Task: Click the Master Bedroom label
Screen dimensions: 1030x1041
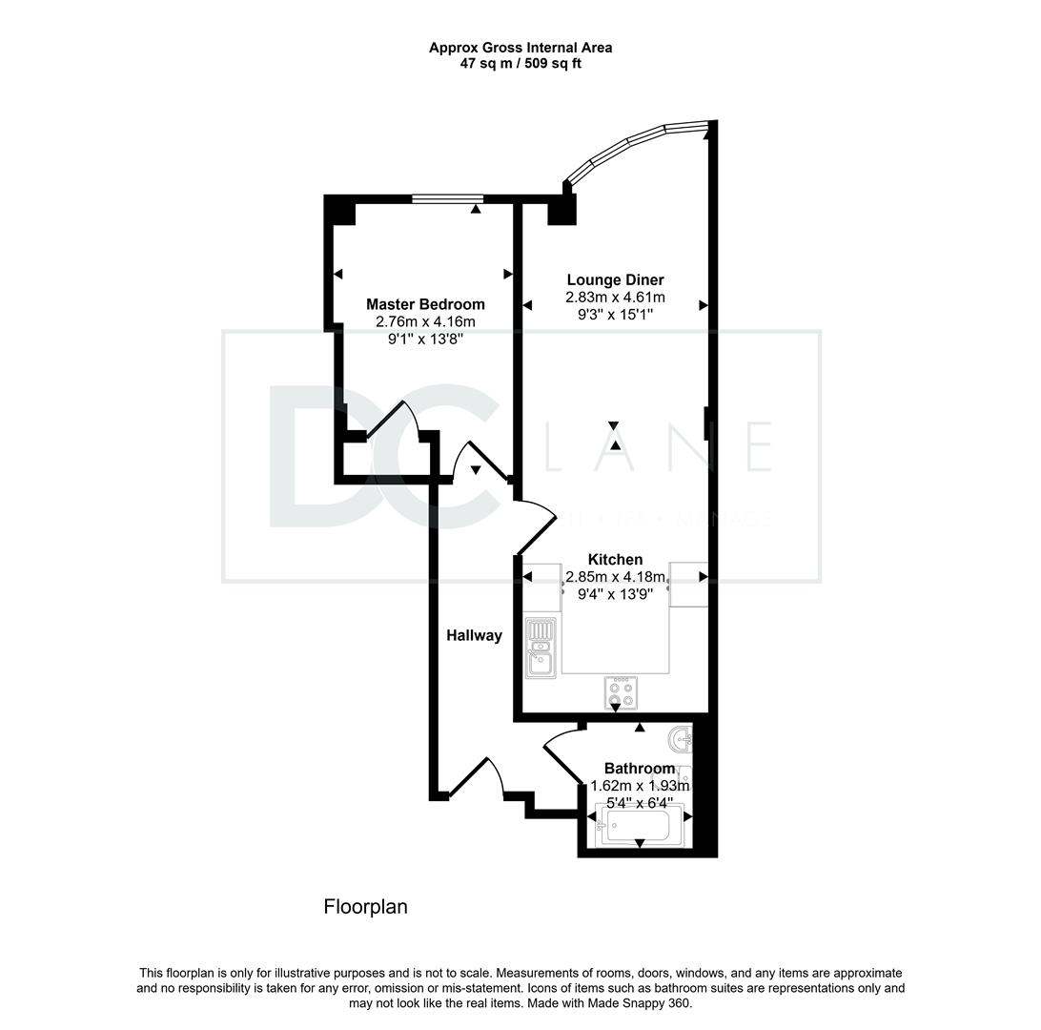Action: click(425, 304)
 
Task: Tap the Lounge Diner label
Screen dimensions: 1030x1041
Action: click(615, 280)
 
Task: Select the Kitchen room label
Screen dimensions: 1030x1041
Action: click(615, 560)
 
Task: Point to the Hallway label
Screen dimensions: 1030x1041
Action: click(474, 635)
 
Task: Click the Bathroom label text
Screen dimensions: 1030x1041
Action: click(640, 769)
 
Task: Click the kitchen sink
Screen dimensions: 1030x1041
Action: click(541, 649)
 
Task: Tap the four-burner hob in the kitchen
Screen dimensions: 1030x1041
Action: click(622, 692)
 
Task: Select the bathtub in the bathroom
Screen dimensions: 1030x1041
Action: click(640, 825)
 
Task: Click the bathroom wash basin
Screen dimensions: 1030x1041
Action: click(680, 739)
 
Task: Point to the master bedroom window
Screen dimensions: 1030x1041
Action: click(448, 198)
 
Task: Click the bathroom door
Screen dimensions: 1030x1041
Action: click(563, 753)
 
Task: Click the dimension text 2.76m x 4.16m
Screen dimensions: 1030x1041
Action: click(426, 322)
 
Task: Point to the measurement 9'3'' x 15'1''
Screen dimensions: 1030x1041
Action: click(615, 314)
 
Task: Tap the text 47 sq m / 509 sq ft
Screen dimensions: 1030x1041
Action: click(520, 64)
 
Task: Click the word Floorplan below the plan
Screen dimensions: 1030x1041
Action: click(365, 906)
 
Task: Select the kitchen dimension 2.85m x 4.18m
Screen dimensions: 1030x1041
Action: click(615, 577)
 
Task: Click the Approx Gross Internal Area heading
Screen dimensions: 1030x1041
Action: click(520, 47)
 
